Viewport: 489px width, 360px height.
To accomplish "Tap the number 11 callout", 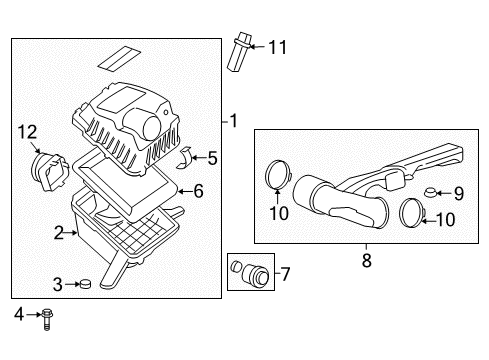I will pos(277,47).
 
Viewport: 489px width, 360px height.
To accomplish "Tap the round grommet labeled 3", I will pos(84,285).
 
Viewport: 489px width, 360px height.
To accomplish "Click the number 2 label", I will pos(59,233).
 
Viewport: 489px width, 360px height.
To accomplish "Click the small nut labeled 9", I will pos(429,193).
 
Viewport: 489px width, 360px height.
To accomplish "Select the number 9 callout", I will pos(458,193).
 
